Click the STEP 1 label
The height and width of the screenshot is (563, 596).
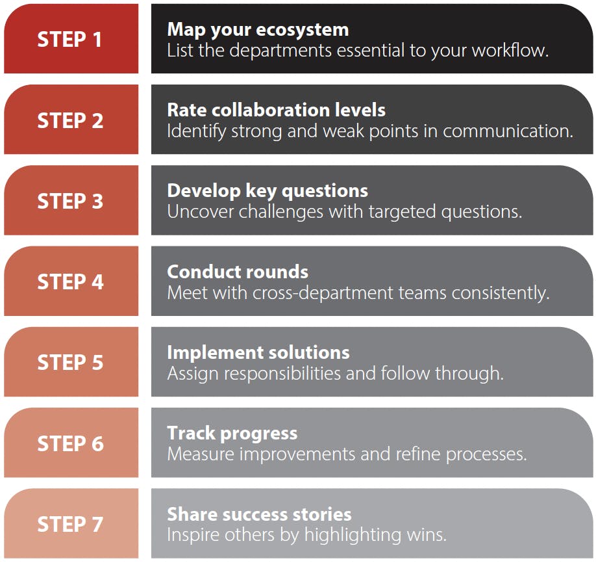69,39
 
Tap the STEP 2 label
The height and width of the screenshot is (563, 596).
70,120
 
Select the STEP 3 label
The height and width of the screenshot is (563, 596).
70,201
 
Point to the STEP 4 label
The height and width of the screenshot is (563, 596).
70,281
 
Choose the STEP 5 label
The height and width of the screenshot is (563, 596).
70,362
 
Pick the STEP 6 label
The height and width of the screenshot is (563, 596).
70,443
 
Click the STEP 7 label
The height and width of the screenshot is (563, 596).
70,524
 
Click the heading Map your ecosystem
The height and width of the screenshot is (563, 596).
258,30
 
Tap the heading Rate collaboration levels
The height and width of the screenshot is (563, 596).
277,110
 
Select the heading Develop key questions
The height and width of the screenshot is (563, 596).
267,191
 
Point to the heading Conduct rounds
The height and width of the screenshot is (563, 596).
238,272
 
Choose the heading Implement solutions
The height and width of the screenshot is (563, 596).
258,353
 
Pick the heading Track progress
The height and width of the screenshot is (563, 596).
232,434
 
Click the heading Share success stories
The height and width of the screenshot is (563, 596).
259,514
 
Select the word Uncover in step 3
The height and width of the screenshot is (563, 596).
201,212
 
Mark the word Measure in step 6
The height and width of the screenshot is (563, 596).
201,454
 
